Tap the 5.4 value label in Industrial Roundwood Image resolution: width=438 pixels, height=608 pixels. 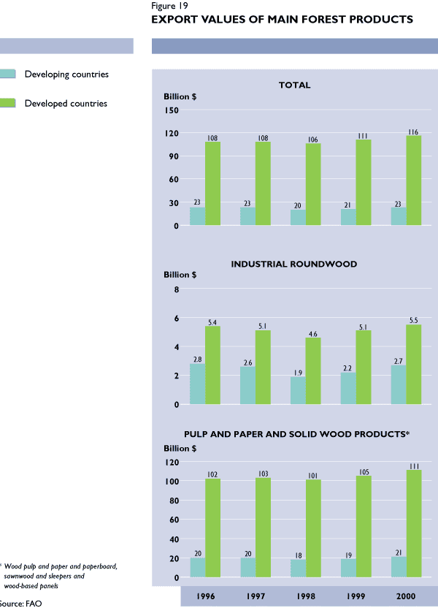[212, 322]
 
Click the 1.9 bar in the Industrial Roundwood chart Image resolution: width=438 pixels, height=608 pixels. [298, 390]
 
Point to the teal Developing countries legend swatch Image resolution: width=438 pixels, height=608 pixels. [8, 74]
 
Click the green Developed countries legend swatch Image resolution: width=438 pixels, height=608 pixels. [8, 103]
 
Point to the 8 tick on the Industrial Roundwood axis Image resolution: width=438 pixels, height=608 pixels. [176, 290]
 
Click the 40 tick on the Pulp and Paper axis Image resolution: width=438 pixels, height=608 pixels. [174, 539]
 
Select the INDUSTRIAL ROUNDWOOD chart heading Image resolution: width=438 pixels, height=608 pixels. [294, 264]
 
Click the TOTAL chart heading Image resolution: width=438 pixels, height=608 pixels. [294, 85]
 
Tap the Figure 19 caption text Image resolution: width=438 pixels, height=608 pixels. [170, 6]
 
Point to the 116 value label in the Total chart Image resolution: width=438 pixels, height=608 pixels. [414, 132]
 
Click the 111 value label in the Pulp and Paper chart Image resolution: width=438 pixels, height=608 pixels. [414, 465]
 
